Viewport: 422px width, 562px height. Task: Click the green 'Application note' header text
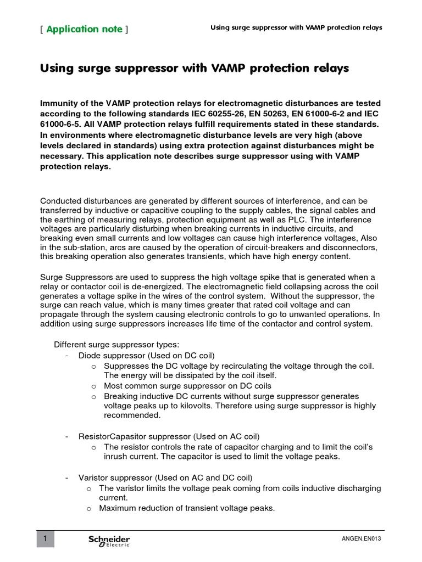[x=84, y=29]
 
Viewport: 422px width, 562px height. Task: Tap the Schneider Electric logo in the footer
[x=109, y=541]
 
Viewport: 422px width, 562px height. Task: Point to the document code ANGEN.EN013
[x=361, y=539]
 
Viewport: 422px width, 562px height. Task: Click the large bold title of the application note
[x=195, y=69]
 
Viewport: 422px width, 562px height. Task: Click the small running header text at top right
[x=297, y=27]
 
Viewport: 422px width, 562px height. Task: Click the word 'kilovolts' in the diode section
[x=185, y=406]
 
